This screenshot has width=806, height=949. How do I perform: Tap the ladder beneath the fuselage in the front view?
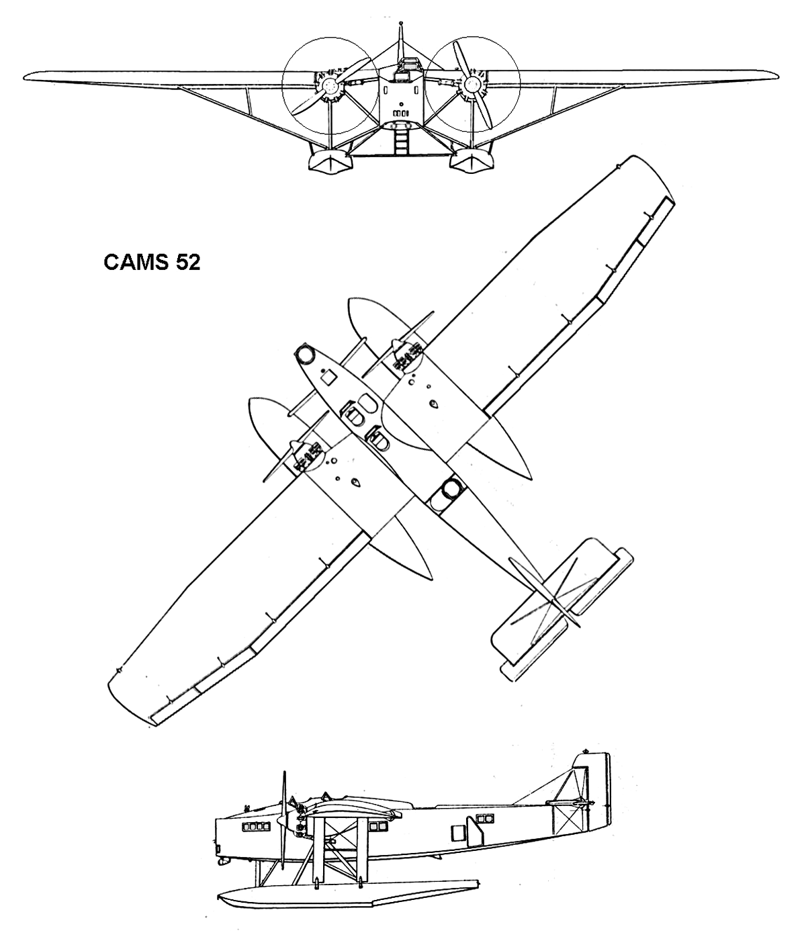(401, 140)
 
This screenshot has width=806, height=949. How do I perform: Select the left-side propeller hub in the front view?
(330, 85)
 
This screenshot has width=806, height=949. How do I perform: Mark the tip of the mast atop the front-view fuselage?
(402, 22)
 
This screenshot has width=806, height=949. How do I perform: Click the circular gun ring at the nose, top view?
(304, 354)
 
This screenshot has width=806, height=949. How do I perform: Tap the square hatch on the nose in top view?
(329, 378)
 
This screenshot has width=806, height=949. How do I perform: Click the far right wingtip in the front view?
(777, 75)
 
